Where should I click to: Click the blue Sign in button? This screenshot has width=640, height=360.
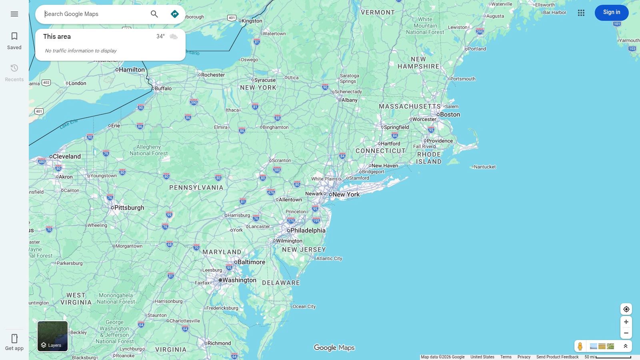[611, 12]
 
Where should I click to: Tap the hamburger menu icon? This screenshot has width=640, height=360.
[14, 14]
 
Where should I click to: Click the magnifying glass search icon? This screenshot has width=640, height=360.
[154, 14]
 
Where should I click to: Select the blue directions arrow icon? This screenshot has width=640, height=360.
[175, 14]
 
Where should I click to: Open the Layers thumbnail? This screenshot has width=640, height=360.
[52, 336]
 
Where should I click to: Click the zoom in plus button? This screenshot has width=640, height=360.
[626, 322]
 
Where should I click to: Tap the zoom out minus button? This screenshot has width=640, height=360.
[626, 333]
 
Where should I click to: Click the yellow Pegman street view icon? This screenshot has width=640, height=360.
[580, 346]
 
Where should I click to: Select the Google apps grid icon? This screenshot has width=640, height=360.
[581, 13]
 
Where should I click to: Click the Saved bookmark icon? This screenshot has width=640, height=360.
[14, 36]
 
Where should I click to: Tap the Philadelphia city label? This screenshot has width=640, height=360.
[308, 230]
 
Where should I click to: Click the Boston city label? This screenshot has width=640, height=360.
[450, 114]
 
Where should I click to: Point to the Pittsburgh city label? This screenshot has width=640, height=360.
[129, 208]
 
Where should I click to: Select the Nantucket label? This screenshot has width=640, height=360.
[484, 167]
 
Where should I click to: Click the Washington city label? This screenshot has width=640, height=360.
[239, 280]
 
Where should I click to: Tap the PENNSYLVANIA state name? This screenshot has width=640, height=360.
[196, 188]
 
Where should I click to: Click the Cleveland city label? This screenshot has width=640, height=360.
[66, 156]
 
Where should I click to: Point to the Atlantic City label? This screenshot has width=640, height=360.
[329, 258]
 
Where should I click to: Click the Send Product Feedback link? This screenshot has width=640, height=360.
[557, 357]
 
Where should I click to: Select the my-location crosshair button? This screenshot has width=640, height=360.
[626, 309]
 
